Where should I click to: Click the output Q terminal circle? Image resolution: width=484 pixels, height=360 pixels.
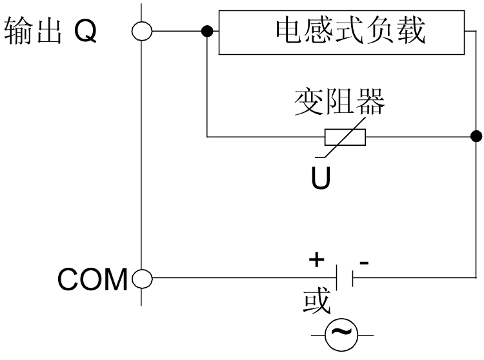tap(141, 30)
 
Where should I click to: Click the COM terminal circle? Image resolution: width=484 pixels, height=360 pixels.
tap(141, 279)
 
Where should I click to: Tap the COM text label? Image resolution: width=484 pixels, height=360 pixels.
tap(92, 279)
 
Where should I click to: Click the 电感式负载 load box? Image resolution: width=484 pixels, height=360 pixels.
tap(341, 32)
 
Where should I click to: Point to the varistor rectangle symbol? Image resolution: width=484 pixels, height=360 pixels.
tap(345, 137)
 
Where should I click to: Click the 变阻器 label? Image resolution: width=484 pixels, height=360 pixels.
tap(339, 102)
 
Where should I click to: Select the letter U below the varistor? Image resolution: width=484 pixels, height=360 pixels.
tap(320, 179)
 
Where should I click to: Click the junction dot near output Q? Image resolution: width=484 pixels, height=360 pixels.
tap(207, 30)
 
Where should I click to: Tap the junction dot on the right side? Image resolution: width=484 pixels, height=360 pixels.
tap(476, 136)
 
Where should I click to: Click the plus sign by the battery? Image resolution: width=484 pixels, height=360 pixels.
tap(316, 259)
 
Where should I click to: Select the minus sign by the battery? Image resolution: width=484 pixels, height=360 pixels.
tap(365, 261)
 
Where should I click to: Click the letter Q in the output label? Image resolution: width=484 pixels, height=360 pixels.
tap(85, 31)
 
